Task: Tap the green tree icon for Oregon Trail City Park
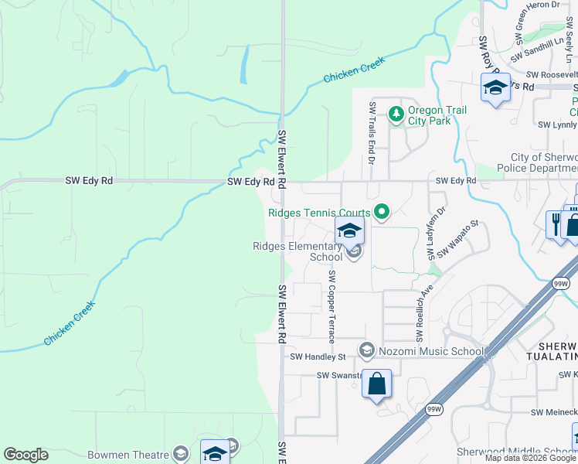396,114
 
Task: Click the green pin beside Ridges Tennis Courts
381,211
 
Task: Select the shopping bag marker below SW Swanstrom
376,384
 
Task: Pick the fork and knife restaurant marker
556,225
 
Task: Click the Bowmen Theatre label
128,455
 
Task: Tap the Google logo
25,455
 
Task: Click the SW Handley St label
318,357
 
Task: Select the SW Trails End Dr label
372,133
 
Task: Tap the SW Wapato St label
459,239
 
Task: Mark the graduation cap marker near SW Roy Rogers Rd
495,88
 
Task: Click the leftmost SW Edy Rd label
89,181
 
